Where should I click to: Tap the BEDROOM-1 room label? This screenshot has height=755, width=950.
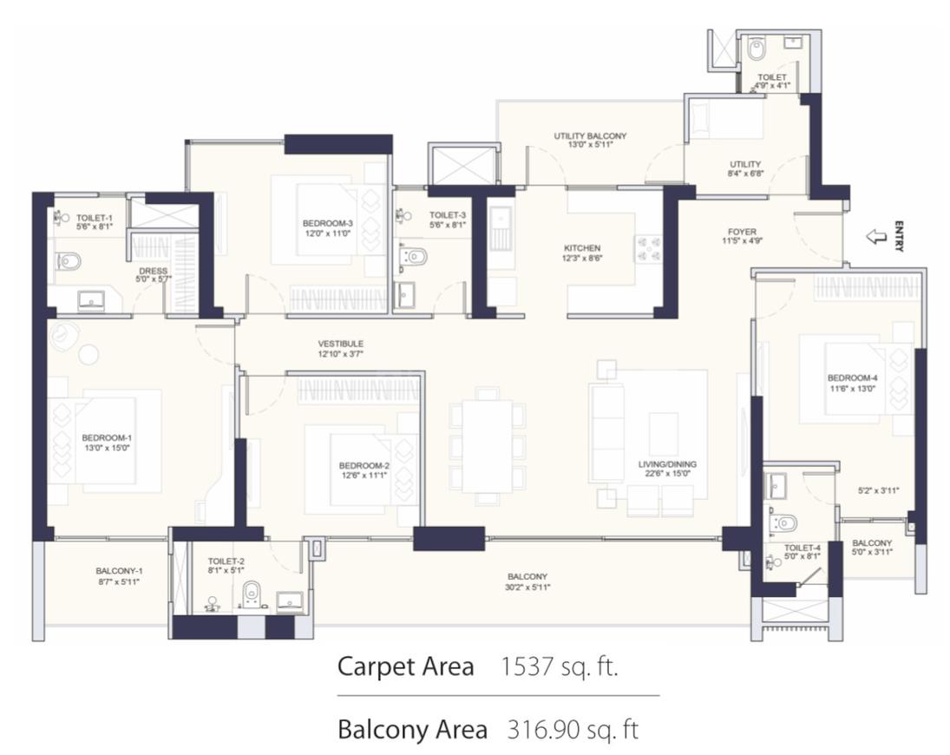[x=107, y=438]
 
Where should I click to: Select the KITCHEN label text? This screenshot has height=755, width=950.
[x=582, y=248]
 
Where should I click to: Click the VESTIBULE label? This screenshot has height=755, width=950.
[x=340, y=344]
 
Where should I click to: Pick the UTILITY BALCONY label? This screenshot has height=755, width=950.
[x=590, y=135]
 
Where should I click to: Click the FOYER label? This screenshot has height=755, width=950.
[x=742, y=232]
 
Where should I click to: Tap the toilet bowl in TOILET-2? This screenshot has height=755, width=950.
[x=251, y=594]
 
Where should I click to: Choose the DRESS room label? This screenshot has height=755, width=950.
[x=153, y=271]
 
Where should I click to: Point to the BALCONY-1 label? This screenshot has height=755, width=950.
[x=120, y=571]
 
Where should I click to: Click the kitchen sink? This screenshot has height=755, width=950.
[x=501, y=228]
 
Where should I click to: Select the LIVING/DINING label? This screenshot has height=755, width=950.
[x=667, y=464]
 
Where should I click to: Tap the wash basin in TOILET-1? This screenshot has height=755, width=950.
[x=91, y=299]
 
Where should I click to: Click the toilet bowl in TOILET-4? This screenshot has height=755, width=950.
[x=783, y=522]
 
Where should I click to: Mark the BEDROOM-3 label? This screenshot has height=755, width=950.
[x=328, y=224]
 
